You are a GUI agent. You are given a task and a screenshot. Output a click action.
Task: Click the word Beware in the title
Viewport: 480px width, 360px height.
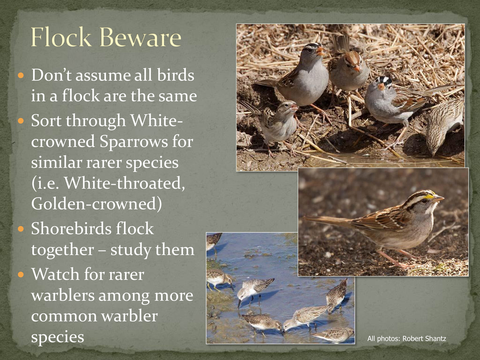coord(140,38)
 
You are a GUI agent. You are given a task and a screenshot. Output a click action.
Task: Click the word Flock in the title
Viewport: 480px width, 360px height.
coord(61,37)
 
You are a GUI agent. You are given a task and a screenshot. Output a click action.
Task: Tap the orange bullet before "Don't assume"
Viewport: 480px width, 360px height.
coord(21,75)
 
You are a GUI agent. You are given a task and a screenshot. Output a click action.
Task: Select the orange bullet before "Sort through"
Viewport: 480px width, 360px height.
coord(21,121)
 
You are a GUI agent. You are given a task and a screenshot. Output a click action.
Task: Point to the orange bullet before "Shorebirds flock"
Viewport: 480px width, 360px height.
coord(21,229)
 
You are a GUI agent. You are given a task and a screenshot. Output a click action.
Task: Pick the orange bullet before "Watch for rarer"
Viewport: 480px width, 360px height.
coord(21,274)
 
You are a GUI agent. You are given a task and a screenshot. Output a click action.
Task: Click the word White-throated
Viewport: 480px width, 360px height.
coord(125,183)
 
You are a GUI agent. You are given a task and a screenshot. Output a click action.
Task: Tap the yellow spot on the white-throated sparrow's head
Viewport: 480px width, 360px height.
coord(429,196)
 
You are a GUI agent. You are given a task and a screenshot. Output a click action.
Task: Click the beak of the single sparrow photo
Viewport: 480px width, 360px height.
coord(439,199)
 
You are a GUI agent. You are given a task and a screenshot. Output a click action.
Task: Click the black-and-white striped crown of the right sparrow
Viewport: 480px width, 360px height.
coord(384,81)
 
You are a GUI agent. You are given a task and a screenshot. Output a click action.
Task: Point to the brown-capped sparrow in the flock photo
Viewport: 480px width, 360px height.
coord(348,70)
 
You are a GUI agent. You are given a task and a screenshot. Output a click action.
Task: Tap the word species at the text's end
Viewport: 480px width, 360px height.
coord(58,337)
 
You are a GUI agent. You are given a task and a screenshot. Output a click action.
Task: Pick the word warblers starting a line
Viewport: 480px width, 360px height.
coord(63,295)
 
